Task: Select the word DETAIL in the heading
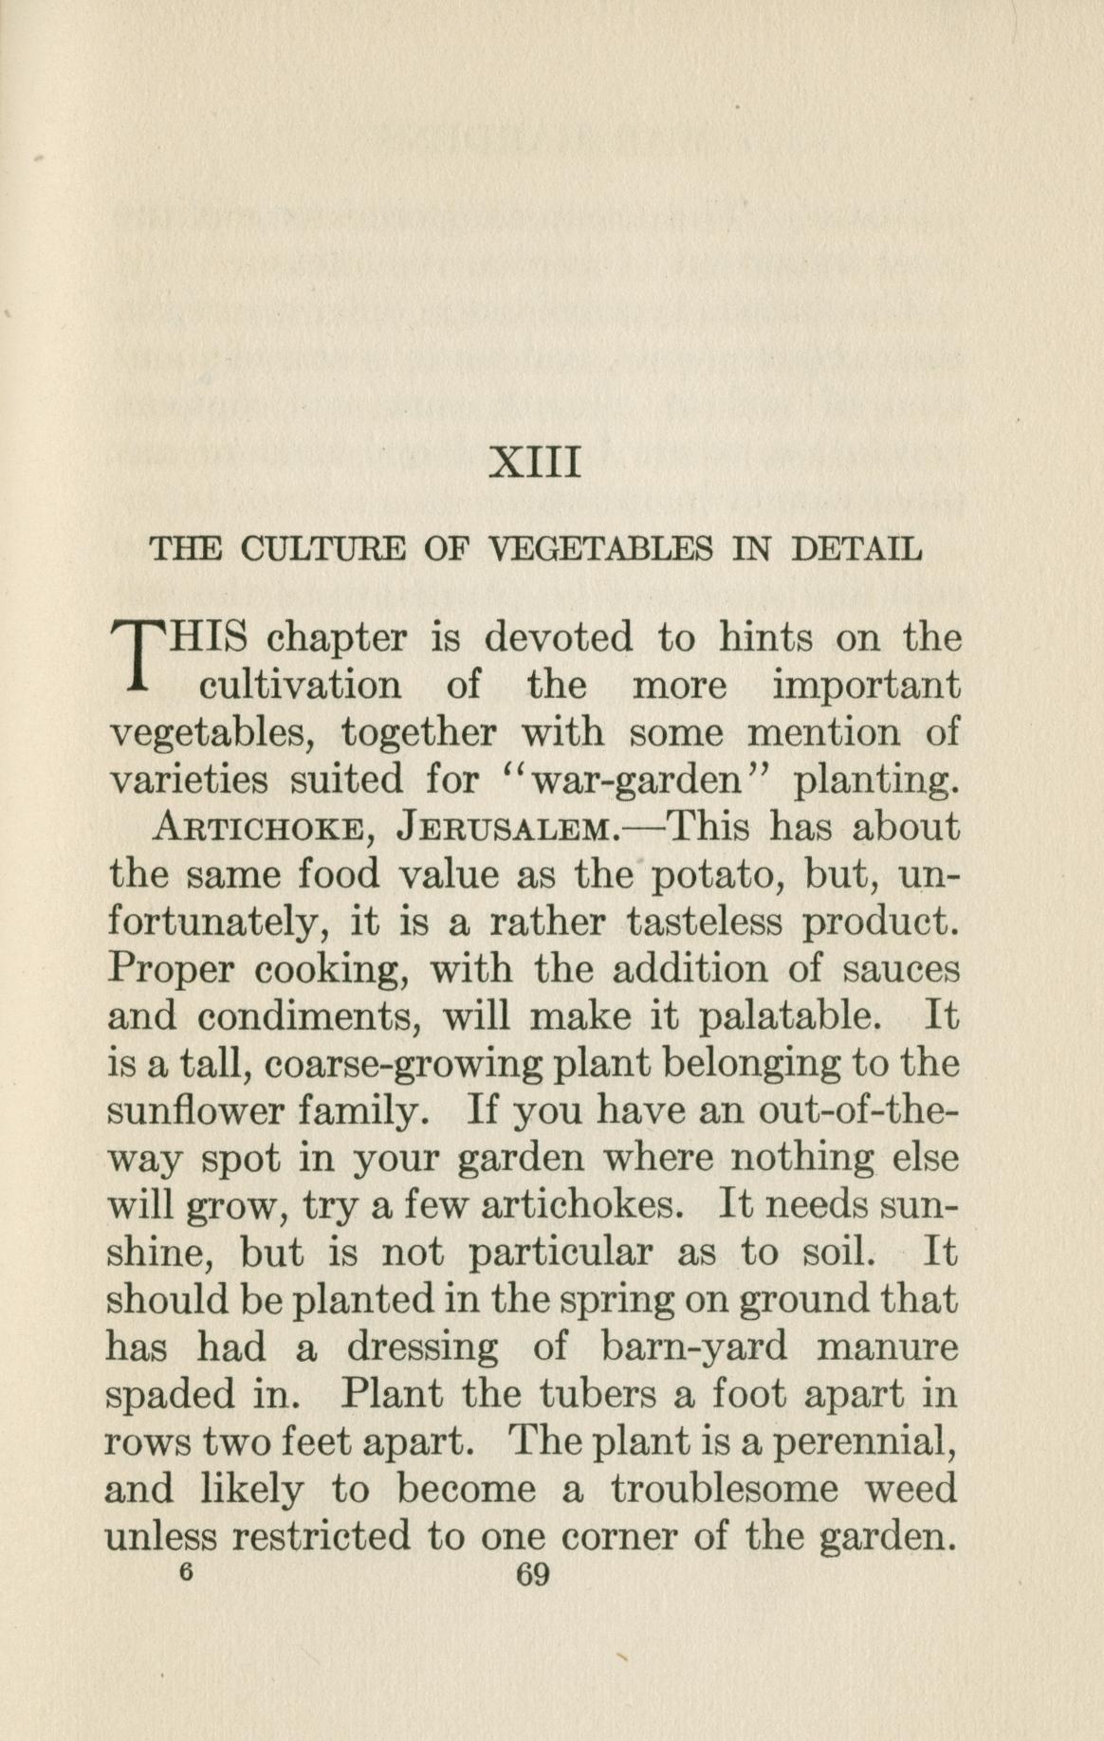(856, 549)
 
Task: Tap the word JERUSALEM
(508, 829)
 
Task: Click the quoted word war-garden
(635, 781)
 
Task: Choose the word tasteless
(705, 922)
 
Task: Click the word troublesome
(726, 1490)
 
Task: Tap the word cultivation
(299, 686)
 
